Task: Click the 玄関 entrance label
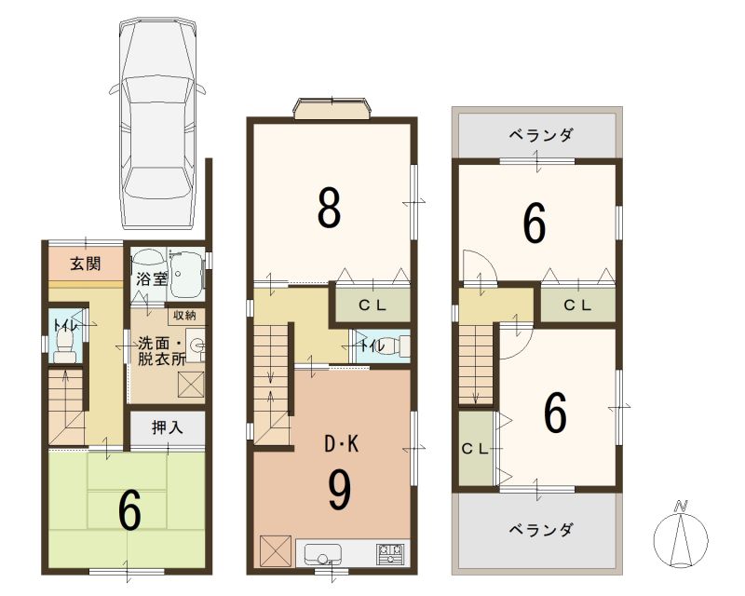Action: click(86, 264)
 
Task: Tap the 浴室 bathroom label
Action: click(152, 279)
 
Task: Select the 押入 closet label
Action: click(168, 427)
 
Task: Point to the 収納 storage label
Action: click(184, 316)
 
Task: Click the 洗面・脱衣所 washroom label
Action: click(160, 351)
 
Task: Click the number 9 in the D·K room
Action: click(341, 491)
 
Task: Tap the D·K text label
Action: click(341, 444)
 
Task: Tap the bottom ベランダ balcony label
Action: click(540, 530)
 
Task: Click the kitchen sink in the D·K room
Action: click(323, 554)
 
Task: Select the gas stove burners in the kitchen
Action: click(391, 554)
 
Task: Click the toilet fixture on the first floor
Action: click(64, 347)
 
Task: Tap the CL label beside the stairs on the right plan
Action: click(475, 449)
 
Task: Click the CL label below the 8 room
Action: click(372, 305)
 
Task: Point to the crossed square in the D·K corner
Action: click(275, 551)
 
